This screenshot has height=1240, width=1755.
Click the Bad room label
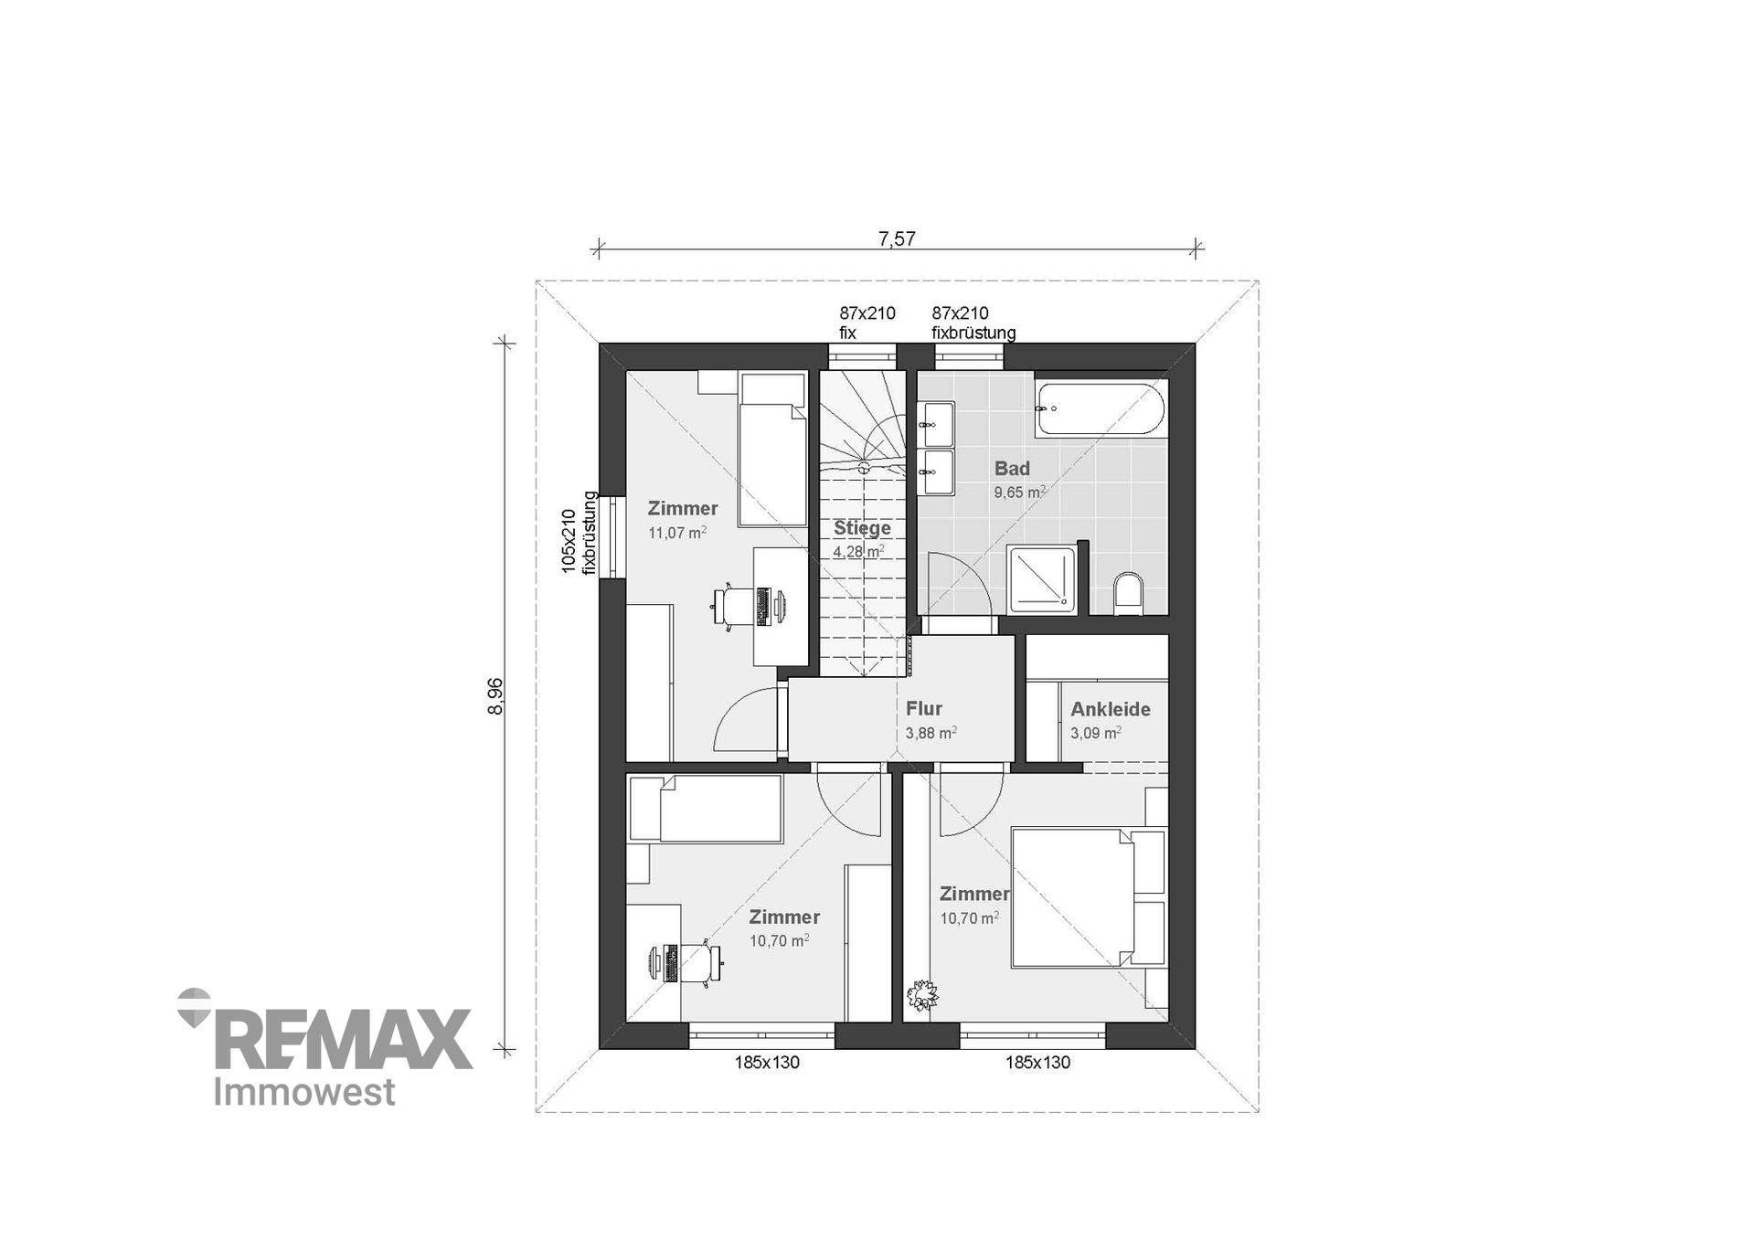1012,469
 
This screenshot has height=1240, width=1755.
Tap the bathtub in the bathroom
1101,408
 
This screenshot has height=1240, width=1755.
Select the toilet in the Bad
1129,594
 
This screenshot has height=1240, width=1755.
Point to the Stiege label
862,528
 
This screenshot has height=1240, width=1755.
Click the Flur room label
924,708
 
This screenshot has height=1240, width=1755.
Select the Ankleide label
1111,709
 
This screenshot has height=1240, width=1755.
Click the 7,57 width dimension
897,239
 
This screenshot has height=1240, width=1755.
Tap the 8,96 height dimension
496,696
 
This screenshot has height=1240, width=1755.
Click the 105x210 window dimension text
569,542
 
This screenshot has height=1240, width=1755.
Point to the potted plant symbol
922,995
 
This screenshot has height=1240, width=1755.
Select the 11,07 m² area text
677,533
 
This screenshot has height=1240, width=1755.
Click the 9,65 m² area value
1020,493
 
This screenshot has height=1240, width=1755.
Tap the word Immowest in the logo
304,1092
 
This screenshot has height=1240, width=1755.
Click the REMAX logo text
343,1039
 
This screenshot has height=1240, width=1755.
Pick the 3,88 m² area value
931,733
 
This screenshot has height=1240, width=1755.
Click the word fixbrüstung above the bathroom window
973,334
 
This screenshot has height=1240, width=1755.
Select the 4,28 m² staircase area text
858,552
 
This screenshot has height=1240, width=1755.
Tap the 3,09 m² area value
1096,733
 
